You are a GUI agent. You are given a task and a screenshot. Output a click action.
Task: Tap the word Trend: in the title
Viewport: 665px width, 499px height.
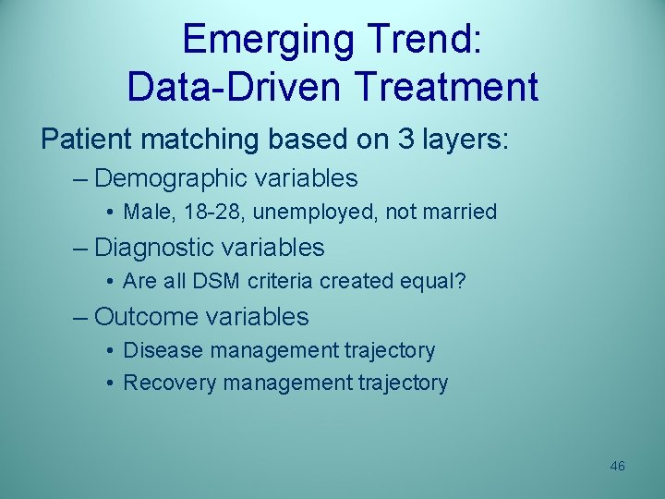pos(421,40)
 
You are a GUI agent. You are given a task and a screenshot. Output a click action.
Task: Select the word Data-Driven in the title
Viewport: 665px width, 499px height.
pos(236,87)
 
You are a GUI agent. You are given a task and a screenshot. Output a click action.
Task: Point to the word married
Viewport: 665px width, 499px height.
pos(459,212)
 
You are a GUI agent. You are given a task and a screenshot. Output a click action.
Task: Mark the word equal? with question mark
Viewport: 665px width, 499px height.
pos(434,281)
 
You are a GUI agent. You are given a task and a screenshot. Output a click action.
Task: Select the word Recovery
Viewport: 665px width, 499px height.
pos(168,383)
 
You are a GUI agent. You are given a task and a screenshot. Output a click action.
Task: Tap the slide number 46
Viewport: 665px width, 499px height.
pos(617,466)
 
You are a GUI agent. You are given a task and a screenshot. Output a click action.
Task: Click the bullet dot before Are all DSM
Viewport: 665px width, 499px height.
pos(110,282)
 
